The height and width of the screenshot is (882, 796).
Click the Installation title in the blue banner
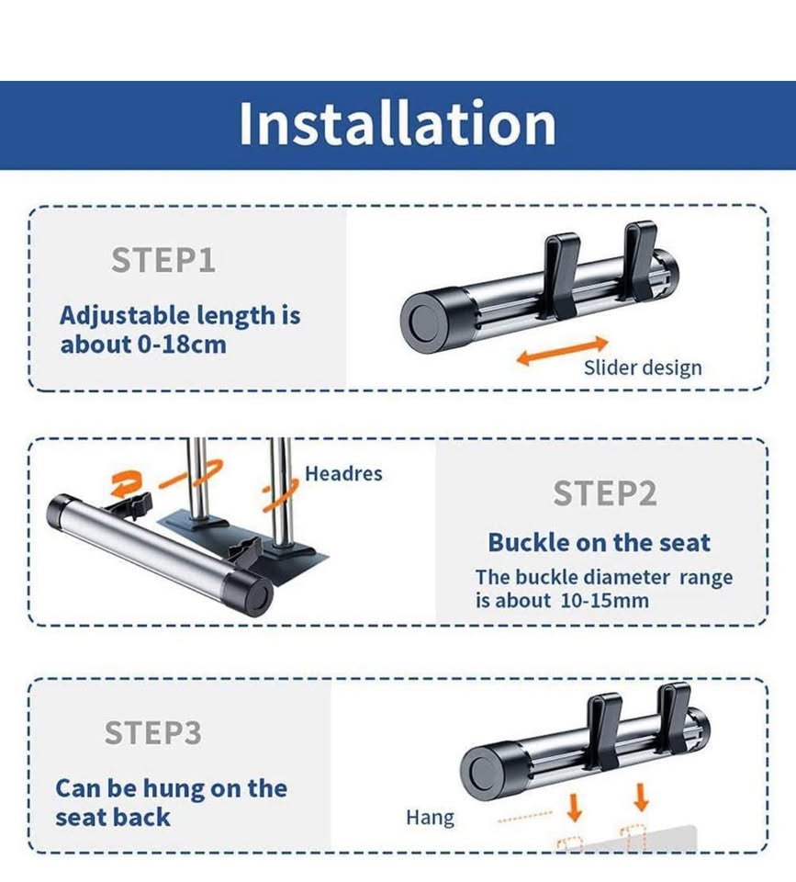click(398, 123)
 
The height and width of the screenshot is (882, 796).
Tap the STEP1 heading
click(163, 260)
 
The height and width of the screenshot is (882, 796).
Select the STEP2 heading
click(605, 493)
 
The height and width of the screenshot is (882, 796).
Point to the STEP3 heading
click(153, 732)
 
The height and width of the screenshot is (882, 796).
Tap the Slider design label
click(643, 367)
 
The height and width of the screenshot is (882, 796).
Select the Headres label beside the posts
click(343, 474)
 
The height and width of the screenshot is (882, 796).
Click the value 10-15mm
click(604, 601)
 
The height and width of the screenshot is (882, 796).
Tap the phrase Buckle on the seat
click(599, 543)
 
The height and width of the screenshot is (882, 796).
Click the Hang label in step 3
click(430, 818)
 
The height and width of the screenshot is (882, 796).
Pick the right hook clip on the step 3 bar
click(674, 718)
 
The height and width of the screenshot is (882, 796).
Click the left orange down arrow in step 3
click(574, 808)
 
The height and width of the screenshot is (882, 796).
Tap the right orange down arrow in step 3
click(641, 797)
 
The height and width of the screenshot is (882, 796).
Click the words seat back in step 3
click(112, 818)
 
